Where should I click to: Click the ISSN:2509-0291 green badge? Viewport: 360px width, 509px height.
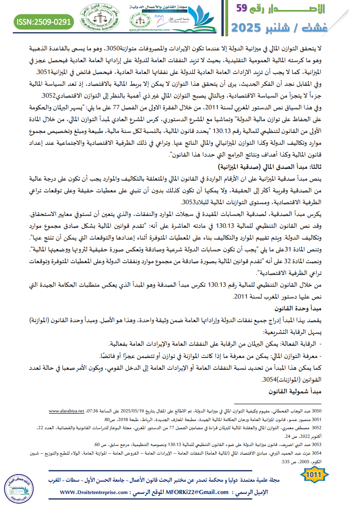click(44, 21)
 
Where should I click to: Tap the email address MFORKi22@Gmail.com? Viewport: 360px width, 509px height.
click(192, 491)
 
